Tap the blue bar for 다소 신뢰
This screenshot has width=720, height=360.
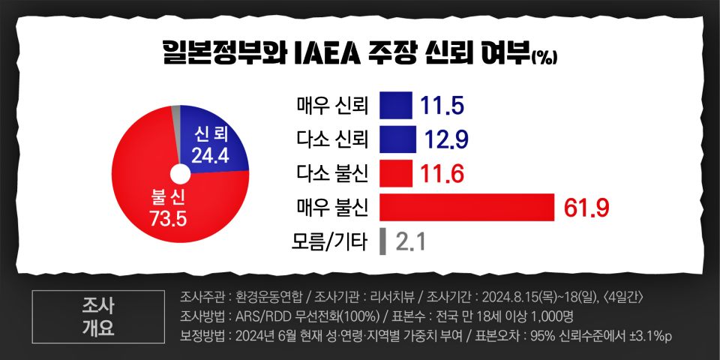tap(397, 139)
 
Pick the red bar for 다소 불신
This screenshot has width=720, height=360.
tap(396, 174)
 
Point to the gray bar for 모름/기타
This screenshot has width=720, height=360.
tap(382, 241)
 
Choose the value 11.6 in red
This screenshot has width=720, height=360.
tap(442, 175)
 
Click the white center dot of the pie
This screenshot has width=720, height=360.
tap(180, 175)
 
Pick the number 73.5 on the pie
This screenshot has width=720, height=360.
tap(166, 219)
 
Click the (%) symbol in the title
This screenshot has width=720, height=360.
tap(544, 58)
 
